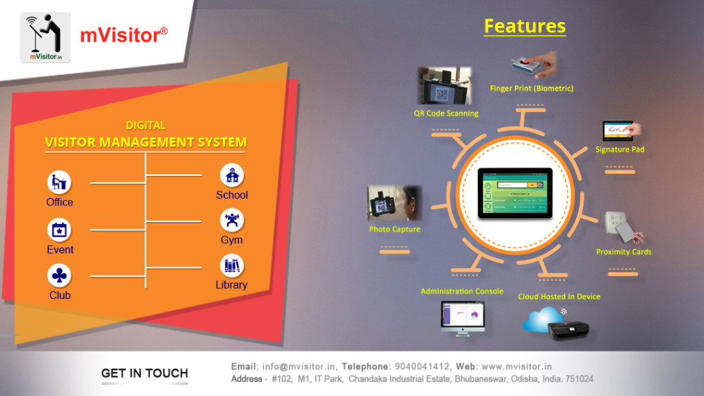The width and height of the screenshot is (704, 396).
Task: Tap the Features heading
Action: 525,26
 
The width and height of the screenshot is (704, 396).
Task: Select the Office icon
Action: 59,183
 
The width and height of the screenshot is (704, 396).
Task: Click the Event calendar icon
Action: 59,230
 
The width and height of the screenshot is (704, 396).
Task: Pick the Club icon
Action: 59,276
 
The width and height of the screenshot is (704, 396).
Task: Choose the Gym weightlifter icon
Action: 232,221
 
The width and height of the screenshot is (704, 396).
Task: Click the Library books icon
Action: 232,266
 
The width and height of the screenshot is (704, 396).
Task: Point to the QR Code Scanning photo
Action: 443,86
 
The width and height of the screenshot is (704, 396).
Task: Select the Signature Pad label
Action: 619,149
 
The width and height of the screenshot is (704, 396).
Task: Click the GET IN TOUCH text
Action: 144,373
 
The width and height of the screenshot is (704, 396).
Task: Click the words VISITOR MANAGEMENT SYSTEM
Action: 145,142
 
